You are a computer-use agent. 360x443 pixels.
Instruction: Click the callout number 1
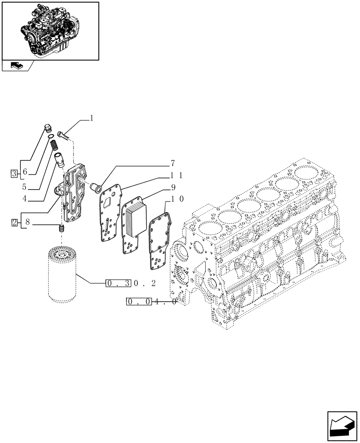(x=91, y=118)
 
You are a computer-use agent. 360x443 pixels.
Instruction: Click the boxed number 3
(x=15, y=172)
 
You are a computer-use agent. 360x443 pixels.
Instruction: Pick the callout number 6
(x=25, y=172)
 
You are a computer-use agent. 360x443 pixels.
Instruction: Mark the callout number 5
(x=25, y=186)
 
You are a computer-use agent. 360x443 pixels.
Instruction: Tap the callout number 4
(x=25, y=199)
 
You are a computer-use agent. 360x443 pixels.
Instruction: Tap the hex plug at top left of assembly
(x=48, y=128)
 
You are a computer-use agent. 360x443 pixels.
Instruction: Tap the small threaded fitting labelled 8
(x=62, y=229)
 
